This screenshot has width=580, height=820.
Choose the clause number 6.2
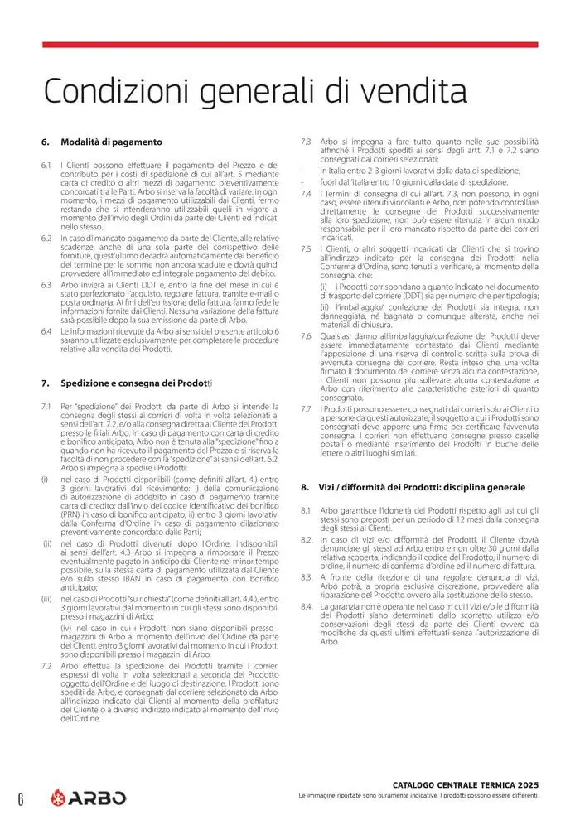tap(46, 238)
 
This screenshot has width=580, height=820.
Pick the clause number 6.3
tap(46, 284)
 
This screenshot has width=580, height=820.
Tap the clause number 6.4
tap(46, 330)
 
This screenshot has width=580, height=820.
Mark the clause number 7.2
tap(46, 665)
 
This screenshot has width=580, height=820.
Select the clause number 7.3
tap(306, 142)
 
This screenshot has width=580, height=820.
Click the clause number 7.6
tap(306, 335)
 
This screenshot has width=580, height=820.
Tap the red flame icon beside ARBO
tap(56, 798)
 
